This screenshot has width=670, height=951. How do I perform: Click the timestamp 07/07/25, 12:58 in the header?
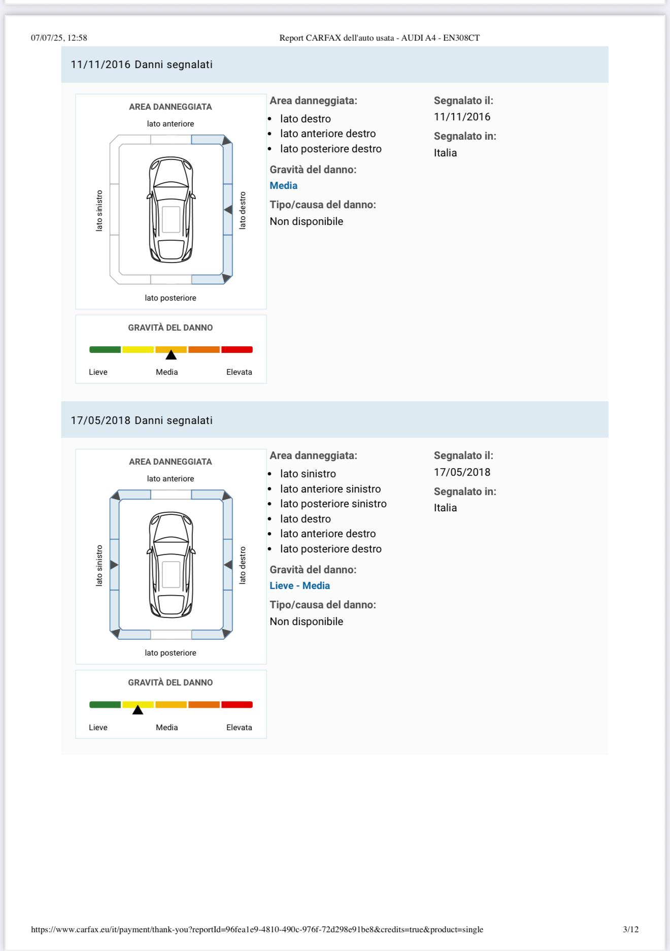pyautogui.click(x=59, y=38)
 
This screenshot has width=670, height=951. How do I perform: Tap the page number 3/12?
pyautogui.click(x=630, y=929)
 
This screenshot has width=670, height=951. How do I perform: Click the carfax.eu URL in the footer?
pyautogui.click(x=257, y=930)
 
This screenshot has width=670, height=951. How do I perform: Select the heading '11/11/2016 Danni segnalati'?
pyautogui.click(x=142, y=64)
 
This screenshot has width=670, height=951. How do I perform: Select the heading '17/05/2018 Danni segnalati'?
pyautogui.click(x=142, y=420)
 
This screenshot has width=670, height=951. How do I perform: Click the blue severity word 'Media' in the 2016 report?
pyautogui.click(x=283, y=185)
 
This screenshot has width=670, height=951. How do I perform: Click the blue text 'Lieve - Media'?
pyautogui.click(x=299, y=585)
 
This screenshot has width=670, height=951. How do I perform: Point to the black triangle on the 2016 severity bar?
pyautogui.click(x=171, y=355)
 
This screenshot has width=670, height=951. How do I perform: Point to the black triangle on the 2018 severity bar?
pyautogui.click(x=138, y=710)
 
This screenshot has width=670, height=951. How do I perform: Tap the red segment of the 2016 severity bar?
pyautogui.click(x=237, y=349)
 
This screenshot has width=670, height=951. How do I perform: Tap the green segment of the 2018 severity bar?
pyautogui.click(x=105, y=704)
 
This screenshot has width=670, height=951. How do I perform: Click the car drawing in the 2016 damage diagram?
pyautogui.click(x=171, y=209)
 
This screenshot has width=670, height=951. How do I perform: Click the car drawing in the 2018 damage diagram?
pyautogui.click(x=171, y=564)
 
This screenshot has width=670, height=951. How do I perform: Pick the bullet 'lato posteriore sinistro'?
pyautogui.click(x=333, y=504)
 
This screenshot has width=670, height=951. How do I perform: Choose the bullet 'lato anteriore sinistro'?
pyautogui.click(x=330, y=489)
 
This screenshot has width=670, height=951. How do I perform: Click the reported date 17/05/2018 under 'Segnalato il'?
pyautogui.click(x=462, y=472)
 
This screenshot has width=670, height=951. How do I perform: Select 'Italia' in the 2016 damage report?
pyautogui.click(x=445, y=153)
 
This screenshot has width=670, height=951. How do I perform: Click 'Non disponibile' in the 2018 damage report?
pyautogui.click(x=306, y=621)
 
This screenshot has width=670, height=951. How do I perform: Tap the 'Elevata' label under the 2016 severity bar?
pyautogui.click(x=239, y=372)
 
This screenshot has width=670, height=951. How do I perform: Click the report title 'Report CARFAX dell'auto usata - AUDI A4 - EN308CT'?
pyautogui.click(x=379, y=38)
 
